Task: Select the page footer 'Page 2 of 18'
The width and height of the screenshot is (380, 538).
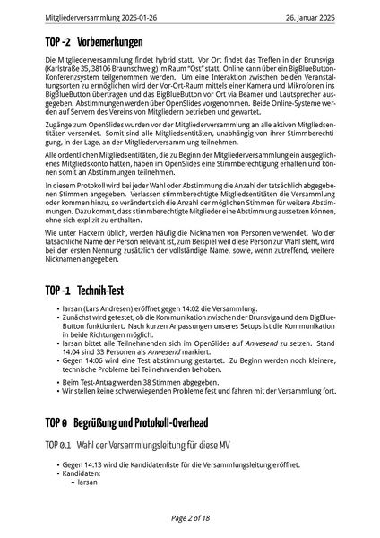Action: pyautogui.click(x=190, y=518)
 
